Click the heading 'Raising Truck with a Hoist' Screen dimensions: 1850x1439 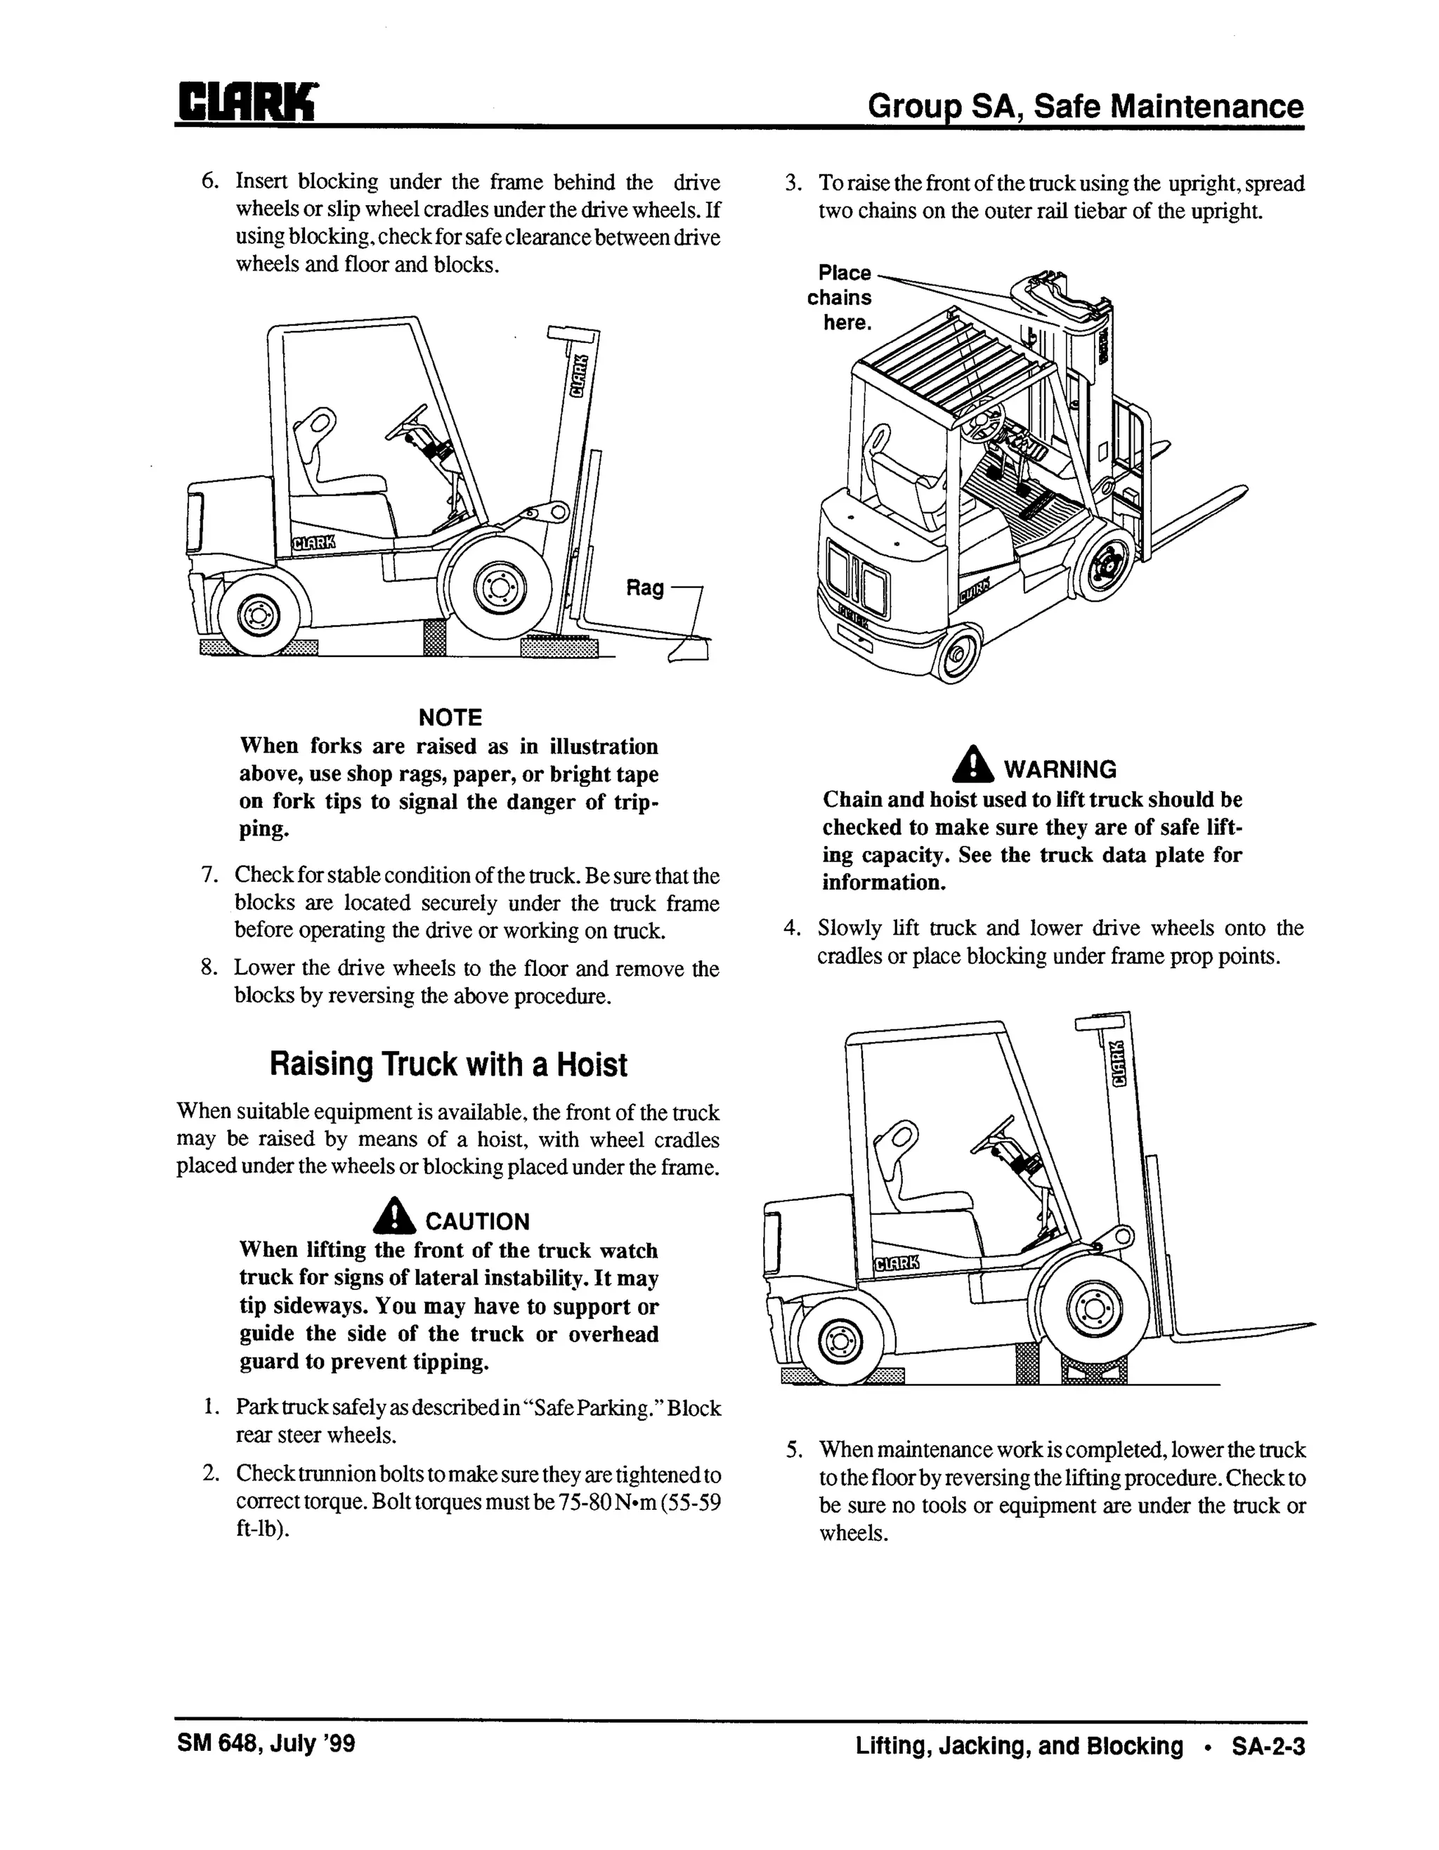[448, 1064]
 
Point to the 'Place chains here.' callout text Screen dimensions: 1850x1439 [841, 297]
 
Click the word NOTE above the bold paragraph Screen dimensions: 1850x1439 [450, 717]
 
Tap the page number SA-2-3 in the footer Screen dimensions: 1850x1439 [1268, 1746]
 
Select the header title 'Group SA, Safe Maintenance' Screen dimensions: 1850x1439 [1085, 107]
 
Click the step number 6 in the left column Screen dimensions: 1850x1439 [209, 181]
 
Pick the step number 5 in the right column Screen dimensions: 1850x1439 [793, 1450]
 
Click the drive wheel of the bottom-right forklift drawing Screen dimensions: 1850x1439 [1094, 1309]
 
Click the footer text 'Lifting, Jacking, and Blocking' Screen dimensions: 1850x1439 [1018, 1746]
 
